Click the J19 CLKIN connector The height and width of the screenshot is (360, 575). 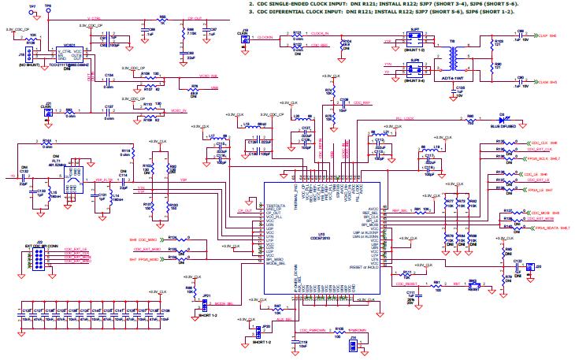click(x=246, y=38)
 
